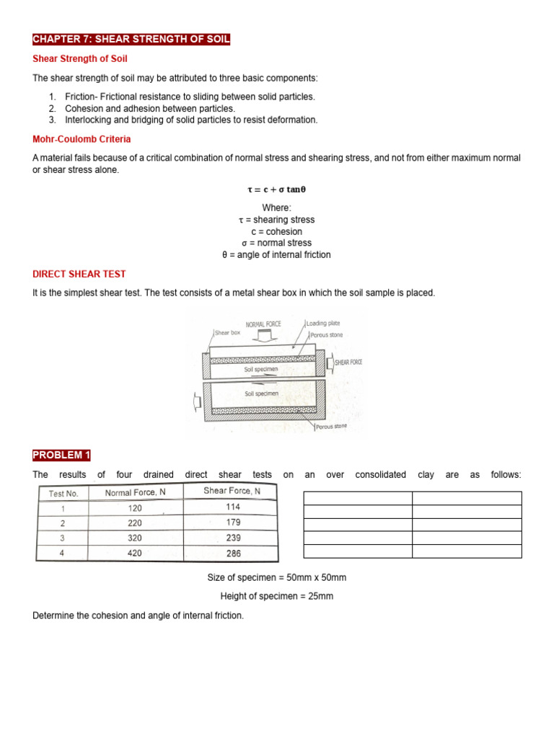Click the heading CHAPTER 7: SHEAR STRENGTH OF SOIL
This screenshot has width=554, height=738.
click(131, 39)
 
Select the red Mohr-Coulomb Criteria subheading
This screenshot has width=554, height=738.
click(82, 139)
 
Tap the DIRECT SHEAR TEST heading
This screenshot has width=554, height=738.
click(79, 274)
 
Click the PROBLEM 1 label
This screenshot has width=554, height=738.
click(61, 455)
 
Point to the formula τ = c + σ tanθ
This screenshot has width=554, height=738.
click(276, 190)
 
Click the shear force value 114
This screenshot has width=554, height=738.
click(232, 507)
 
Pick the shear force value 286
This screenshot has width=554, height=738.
click(232, 553)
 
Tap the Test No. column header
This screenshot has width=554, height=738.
click(63, 493)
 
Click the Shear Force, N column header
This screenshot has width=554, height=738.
click(232, 492)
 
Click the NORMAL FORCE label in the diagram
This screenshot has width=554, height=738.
click(263, 324)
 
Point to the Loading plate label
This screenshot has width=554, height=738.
click(323, 324)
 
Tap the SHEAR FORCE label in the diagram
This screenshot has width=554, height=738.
click(348, 363)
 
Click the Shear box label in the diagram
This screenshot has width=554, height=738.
click(227, 333)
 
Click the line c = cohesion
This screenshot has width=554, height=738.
click(276, 231)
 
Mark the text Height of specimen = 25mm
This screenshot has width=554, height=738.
click(276, 597)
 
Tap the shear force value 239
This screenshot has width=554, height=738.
click(232, 538)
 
